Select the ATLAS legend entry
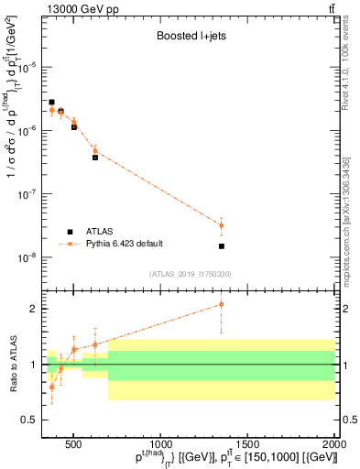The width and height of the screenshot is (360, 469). point(102,231)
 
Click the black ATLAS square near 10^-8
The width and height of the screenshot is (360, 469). point(221,246)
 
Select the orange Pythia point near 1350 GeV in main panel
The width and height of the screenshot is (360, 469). point(221,225)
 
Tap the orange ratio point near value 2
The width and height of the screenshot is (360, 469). point(221,304)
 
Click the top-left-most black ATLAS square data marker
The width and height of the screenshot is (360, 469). point(52,103)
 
